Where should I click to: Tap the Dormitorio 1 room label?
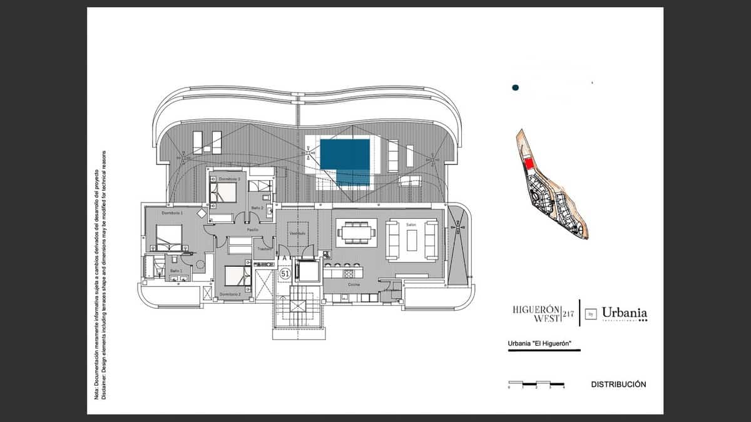pyautogui.click(x=172, y=213)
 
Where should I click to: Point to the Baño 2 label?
pyautogui.click(x=257, y=208)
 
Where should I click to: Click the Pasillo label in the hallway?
pyautogui.click(x=252, y=229)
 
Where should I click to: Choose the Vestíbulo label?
pyautogui.click(x=297, y=233)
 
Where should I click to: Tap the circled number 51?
pyautogui.click(x=285, y=274)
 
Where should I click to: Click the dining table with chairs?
pyautogui.click(x=356, y=233)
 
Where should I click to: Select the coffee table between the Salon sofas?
pyautogui.click(x=412, y=239)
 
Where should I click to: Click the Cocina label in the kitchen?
pyautogui.click(x=354, y=284)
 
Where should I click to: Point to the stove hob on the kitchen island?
pyautogui.click(x=348, y=273)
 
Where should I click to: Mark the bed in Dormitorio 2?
pyautogui.click(x=237, y=275)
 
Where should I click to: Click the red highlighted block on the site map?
pyautogui.click(x=529, y=164)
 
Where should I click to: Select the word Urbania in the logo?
pyautogui.click(x=624, y=312)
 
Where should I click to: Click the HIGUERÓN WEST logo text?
pyautogui.click(x=536, y=313)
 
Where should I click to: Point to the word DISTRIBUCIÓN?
pyautogui.click(x=618, y=384)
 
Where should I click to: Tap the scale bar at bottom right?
pyautogui.click(x=536, y=384)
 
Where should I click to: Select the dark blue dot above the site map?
pyautogui.click(x=515, y=88)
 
